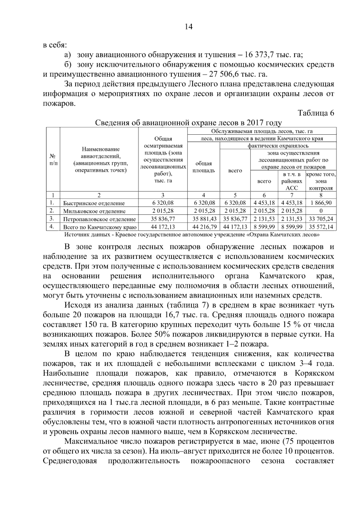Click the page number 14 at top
[x=188, y=27]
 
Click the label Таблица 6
[x=316, y=113]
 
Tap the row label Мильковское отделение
[x=94, y=211]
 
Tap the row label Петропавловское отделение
[x=99, y=219]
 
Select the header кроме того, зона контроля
[x=321, y=181]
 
